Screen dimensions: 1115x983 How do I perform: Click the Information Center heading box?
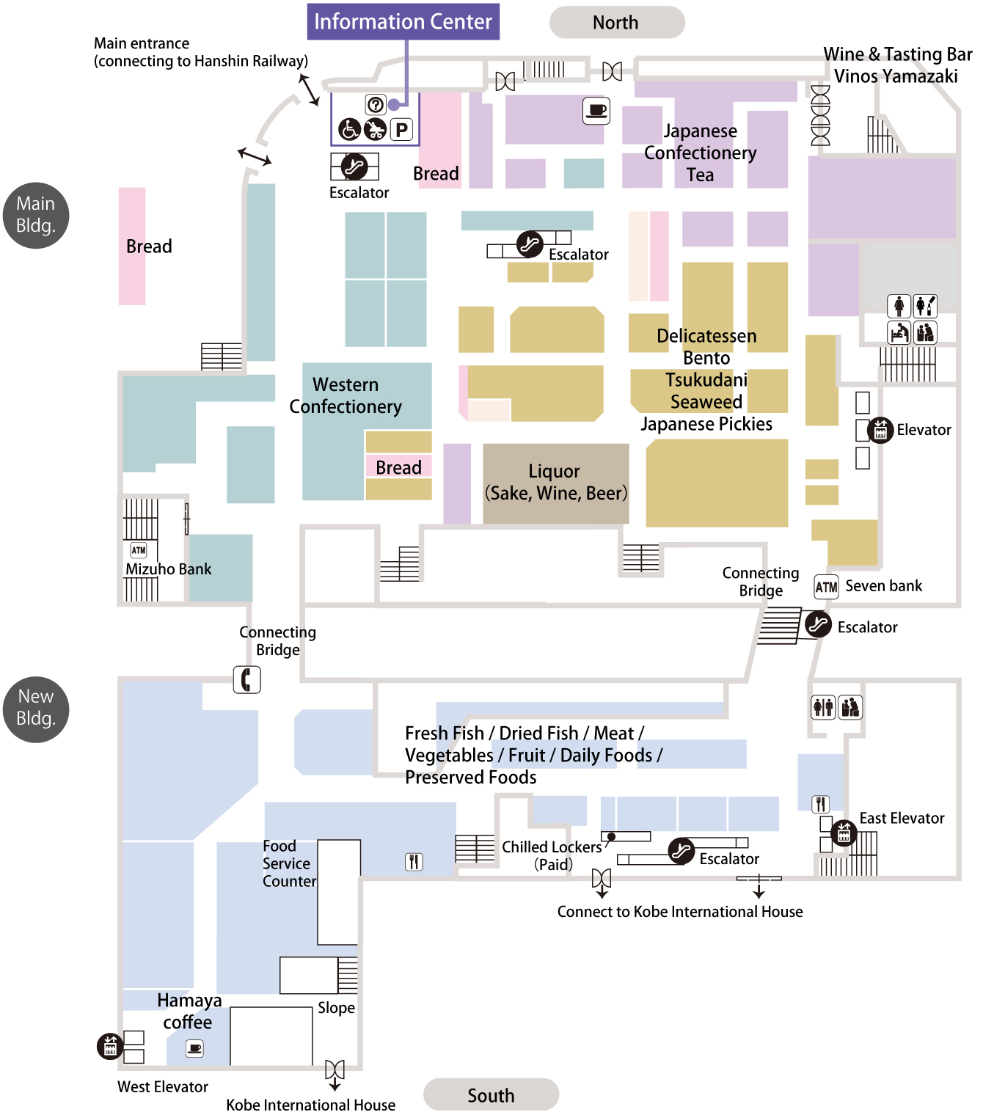403,22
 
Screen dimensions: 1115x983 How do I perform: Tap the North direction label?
616,23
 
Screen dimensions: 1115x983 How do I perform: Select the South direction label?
491,1095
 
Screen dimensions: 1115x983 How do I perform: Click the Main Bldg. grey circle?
36,215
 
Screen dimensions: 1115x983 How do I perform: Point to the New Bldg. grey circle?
36,709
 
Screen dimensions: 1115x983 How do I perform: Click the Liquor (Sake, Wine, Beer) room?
555,483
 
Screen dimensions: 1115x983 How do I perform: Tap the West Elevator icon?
110,1045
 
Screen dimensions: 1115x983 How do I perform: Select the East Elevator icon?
844,833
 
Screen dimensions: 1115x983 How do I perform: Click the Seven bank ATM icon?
826,587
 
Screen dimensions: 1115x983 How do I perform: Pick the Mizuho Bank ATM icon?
139,550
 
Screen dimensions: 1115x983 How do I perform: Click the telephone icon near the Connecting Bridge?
247,679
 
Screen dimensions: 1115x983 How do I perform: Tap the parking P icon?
401,130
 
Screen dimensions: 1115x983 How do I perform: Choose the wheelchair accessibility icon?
349,130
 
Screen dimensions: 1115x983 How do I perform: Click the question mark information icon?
376,105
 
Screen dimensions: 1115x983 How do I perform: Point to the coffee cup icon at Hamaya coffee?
195,1048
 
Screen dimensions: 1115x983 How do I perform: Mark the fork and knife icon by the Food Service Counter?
414,861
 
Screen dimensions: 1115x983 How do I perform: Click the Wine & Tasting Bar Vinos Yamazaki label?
896,65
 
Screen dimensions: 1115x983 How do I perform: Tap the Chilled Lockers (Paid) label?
552,855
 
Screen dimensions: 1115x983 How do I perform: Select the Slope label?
336,1008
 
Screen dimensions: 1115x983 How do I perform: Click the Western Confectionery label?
346,395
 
